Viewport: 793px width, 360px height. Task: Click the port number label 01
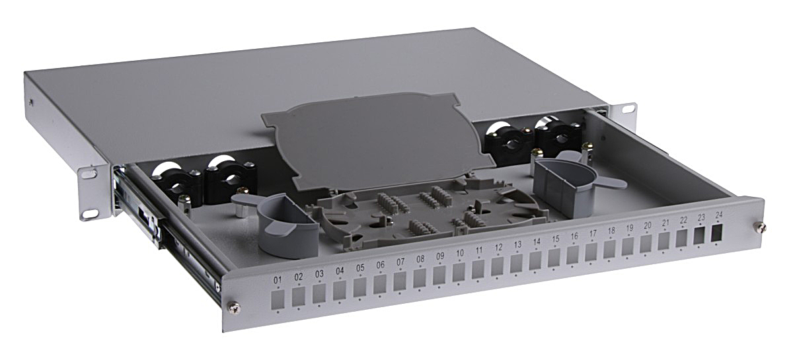277,280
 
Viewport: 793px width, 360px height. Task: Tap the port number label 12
498,248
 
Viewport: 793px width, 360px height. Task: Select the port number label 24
719,215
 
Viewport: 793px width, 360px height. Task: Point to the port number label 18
611,231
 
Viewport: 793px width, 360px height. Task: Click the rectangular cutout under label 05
359,287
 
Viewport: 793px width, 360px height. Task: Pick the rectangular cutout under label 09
439,275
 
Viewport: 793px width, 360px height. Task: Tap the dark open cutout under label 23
700,236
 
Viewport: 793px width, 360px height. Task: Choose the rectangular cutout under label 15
554,258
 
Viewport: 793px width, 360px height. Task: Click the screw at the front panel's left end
234,308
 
